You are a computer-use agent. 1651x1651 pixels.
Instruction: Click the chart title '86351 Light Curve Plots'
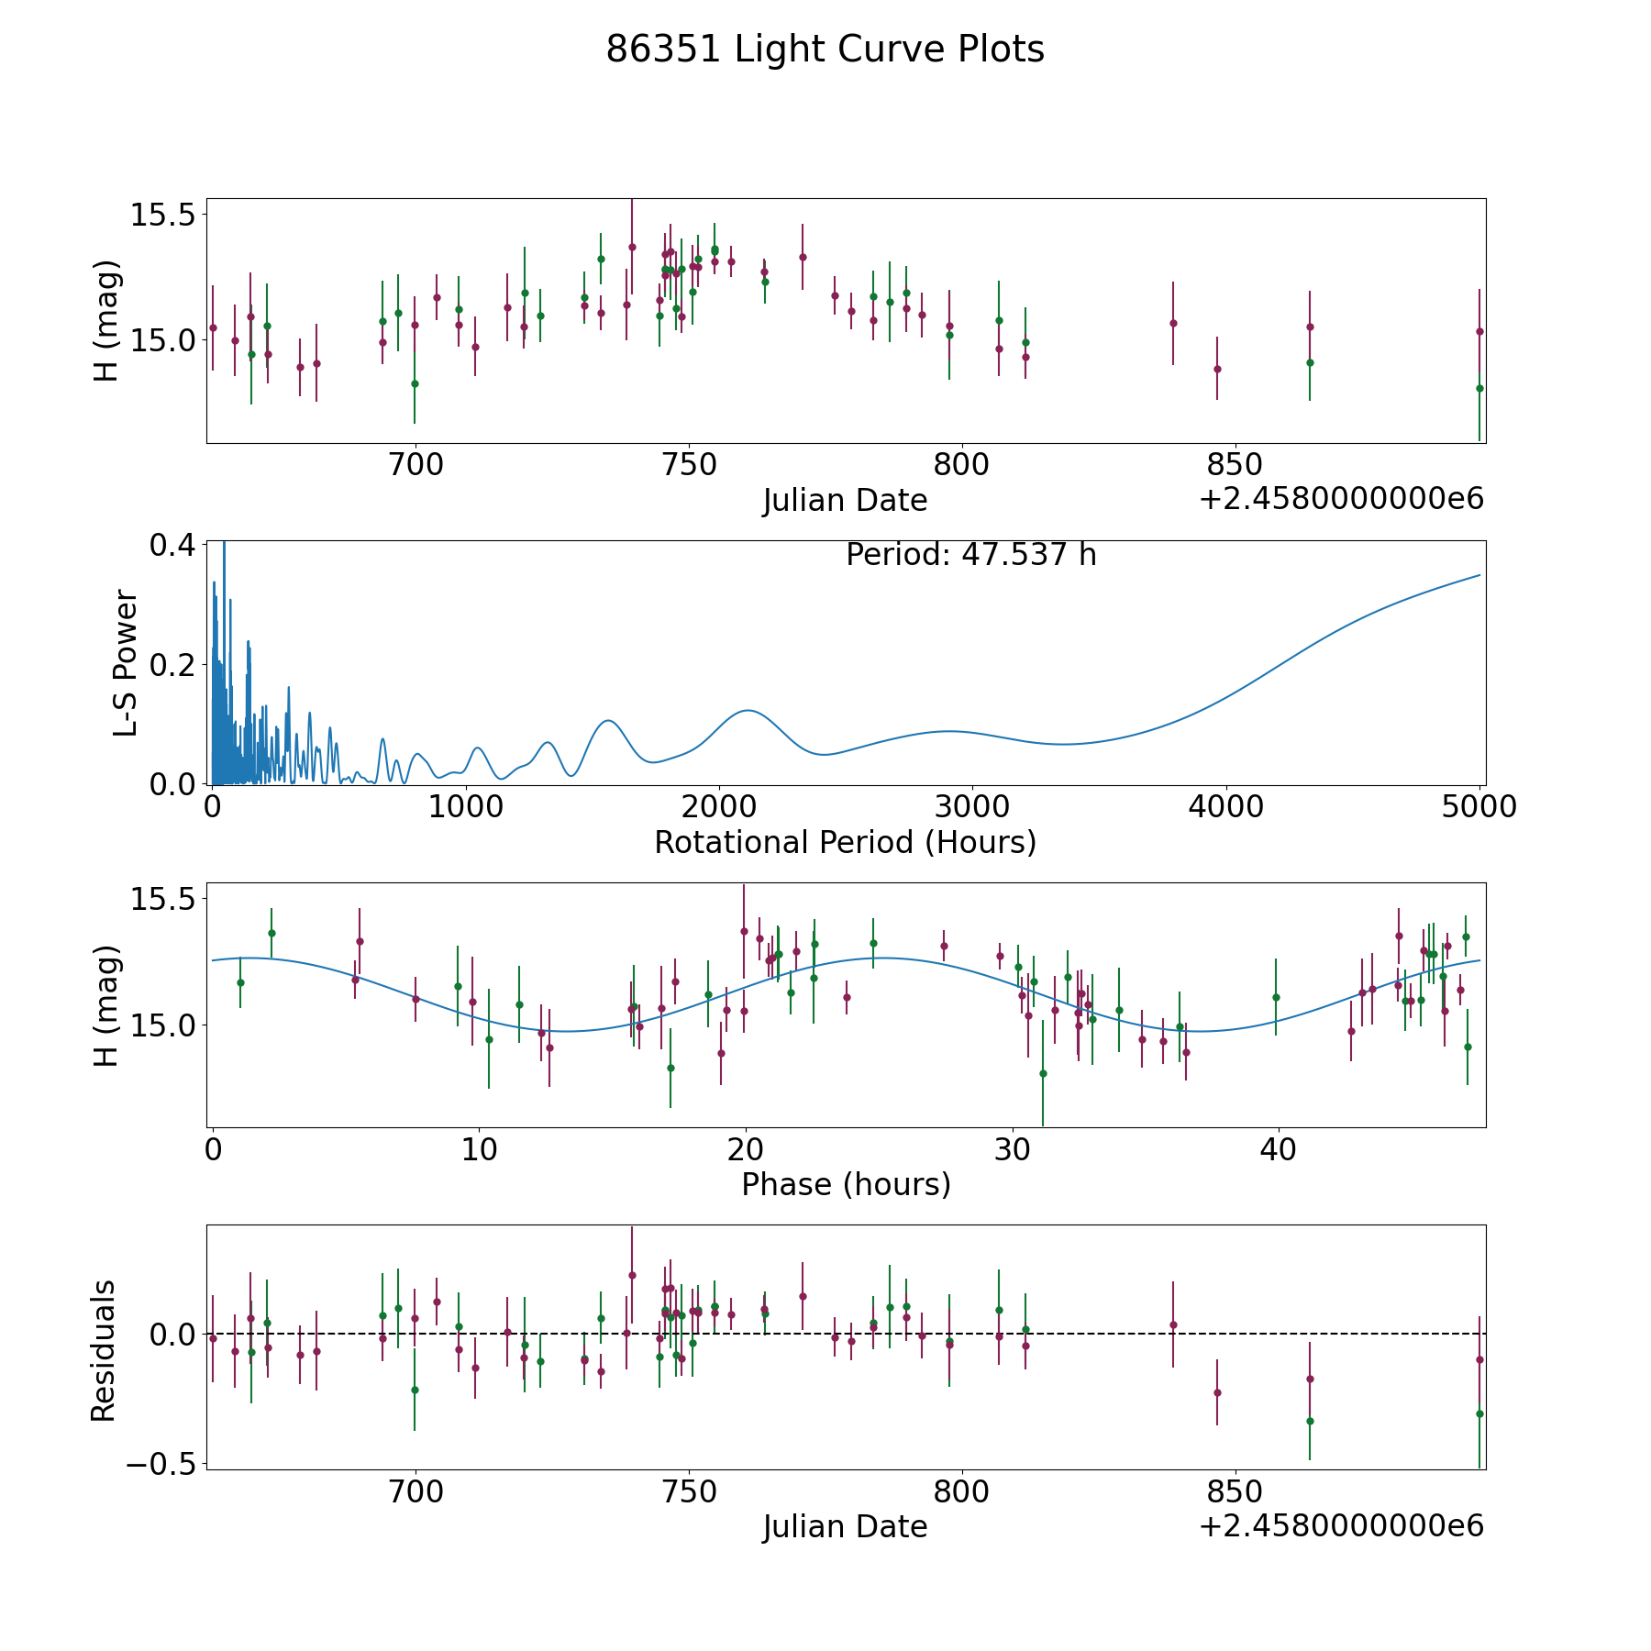(825, 50)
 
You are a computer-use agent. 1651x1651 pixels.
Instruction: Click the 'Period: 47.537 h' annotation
(970, 555)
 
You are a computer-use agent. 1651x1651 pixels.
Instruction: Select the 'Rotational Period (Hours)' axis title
(845, 842)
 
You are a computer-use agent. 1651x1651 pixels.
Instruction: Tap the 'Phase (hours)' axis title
(846, 1184)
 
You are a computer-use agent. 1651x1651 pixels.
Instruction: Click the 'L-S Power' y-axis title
(126, 663)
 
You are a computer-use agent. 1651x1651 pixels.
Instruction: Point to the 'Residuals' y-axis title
(104, 1350)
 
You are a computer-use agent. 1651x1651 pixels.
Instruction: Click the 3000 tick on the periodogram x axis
(971, 806)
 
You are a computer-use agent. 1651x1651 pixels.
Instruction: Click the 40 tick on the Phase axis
(1278, 1149)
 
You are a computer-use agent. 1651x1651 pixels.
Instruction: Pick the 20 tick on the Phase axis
(746, 1149)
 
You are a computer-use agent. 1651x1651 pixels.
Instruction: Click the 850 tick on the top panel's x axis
(1234, 464)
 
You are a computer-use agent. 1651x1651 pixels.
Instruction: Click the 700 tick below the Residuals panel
(416, 1491)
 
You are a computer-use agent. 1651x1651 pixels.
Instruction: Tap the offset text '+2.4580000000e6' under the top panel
(1341, 499)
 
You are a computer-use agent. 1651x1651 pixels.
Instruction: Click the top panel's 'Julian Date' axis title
(845, 501)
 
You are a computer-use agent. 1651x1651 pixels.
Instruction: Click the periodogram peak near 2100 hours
(748, 710)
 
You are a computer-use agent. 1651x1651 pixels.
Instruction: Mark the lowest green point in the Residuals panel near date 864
(1310, 1421)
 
